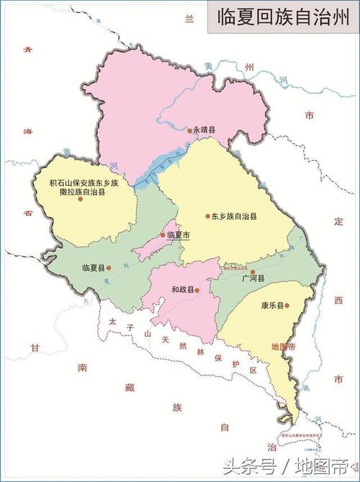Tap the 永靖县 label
click(x=205, y=130)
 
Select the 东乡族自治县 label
click(x=235, y=216)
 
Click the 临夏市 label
click(x=178, y=236)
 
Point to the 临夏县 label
click(x=94, y=268)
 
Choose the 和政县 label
click(x=182, y=290)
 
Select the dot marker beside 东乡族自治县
click(x=207, y=216)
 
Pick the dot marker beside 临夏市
click(x=162, y=236)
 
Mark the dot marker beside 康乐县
click(x=287, y=305)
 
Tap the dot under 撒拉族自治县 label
click(x=81, y=199)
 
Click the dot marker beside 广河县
click(x=253, y=272)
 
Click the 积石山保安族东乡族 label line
click(x=84, y=183)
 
